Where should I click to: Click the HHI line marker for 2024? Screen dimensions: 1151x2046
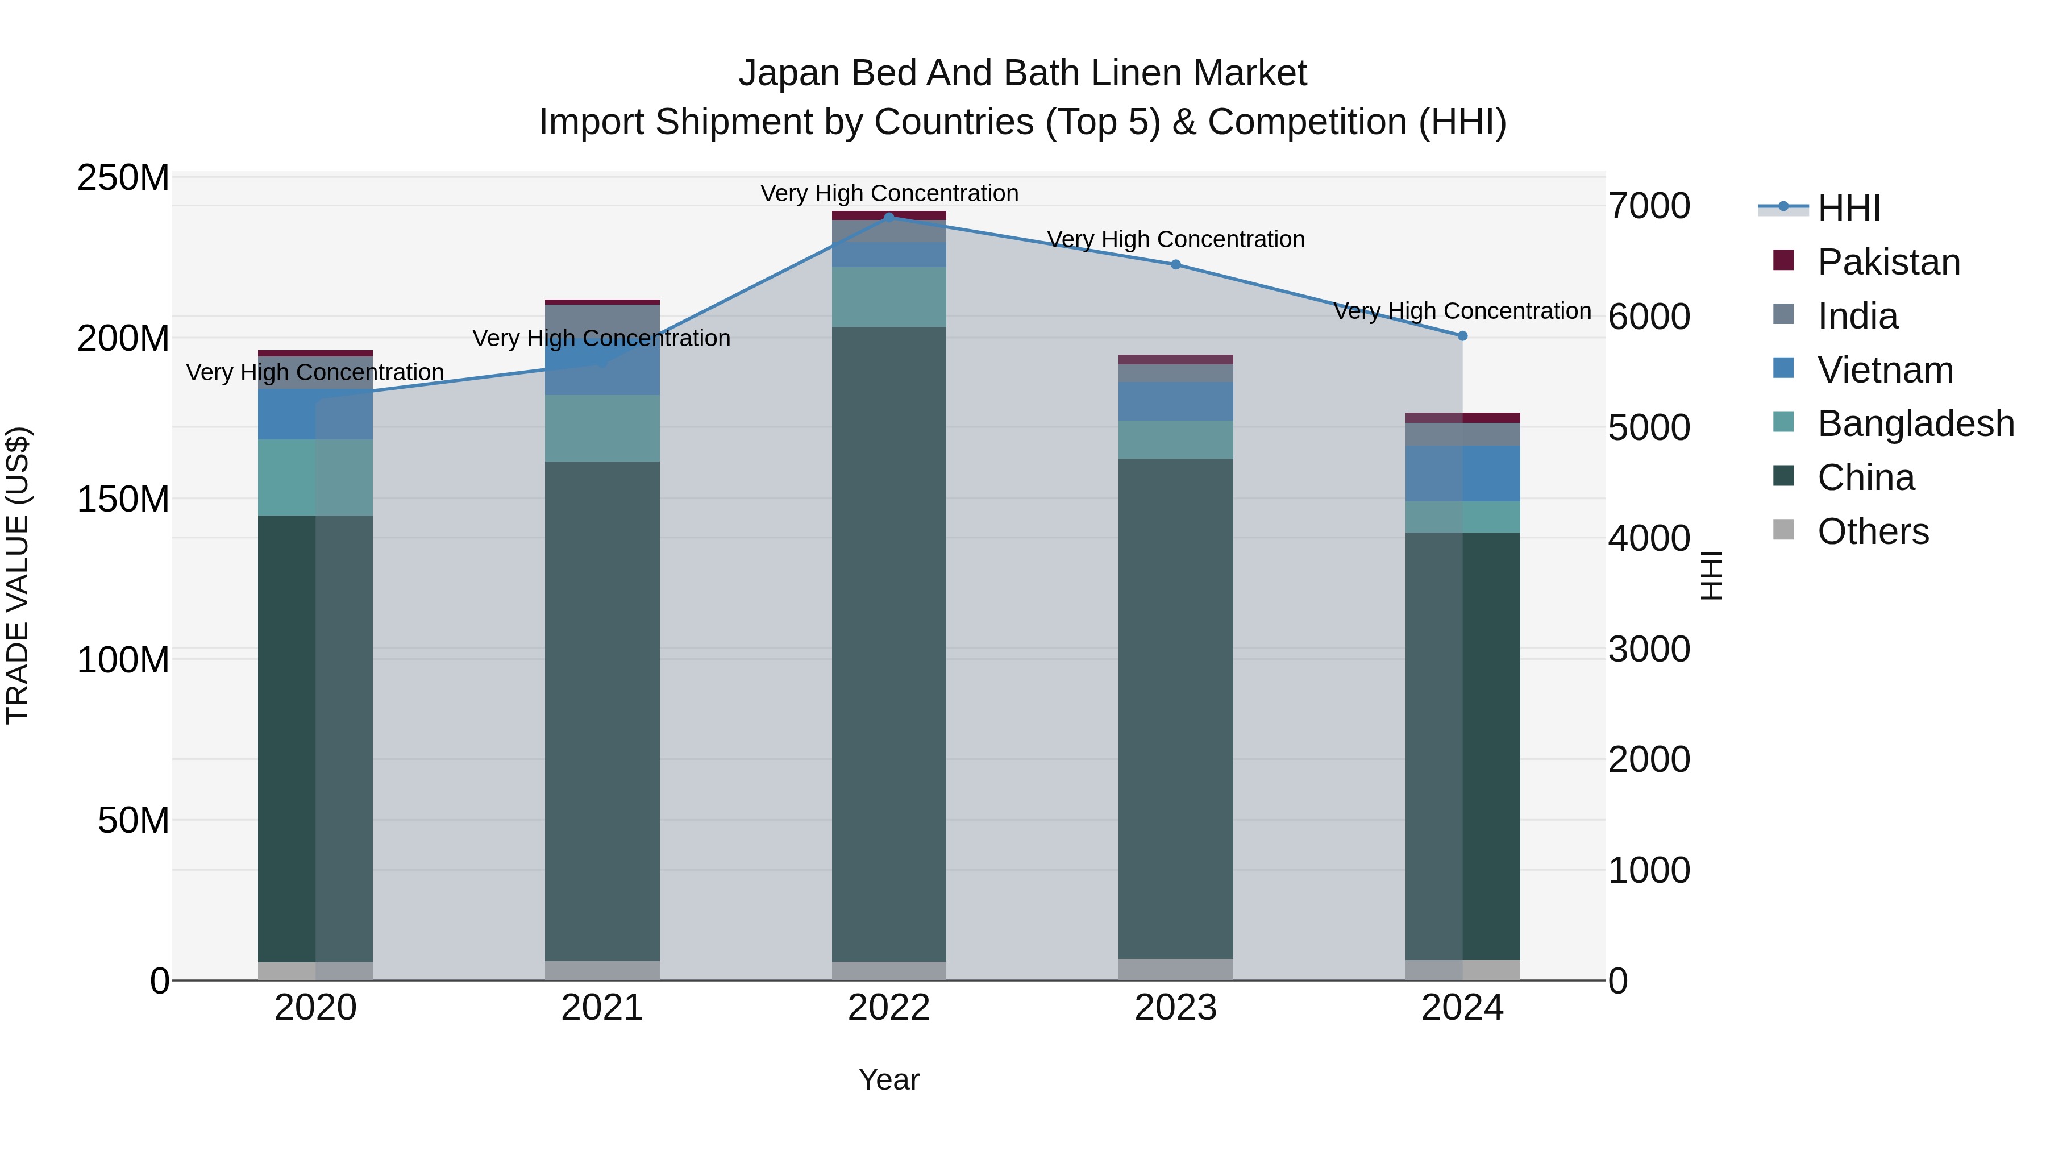(x=1462, y=336)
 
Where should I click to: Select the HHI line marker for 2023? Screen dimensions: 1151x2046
(x=1175, y=264)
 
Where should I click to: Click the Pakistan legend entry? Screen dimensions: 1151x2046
(x=1888, y=262)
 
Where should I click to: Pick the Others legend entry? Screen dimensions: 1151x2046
(x=1872, y=531)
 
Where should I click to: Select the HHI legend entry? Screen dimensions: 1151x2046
(x=1848, y=208)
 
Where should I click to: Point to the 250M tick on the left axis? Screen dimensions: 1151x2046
(x=123, y=178)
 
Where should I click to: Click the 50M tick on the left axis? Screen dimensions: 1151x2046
(x=134, y=820)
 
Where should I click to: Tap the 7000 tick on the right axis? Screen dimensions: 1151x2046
(x=1649, y=206)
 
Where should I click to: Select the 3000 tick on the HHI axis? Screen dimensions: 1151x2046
(x=1649, y=649)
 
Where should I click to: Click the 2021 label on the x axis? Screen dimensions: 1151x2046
(x=602, y=1008)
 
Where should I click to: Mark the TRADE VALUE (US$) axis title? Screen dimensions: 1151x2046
(x=18, y=575)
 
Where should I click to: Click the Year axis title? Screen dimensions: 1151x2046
(x=889, y=1079)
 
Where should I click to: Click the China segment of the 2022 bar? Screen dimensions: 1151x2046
(x=889, y=643)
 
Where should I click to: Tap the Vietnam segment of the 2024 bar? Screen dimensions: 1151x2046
(x=1462, y=473)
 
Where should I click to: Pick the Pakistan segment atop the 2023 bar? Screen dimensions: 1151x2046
(x=1175, y=360)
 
